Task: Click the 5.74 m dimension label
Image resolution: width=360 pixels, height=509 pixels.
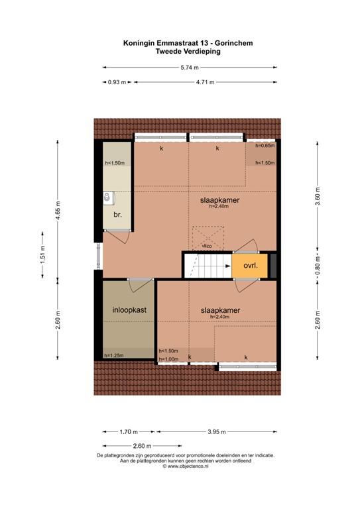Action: tap(189, 67)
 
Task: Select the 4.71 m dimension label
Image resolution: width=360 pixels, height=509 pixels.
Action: tap(206, 83)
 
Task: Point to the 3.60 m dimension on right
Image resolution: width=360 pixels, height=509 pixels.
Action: tap(318, 198)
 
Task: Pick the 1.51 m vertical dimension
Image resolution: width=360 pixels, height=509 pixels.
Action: tap(43, 255)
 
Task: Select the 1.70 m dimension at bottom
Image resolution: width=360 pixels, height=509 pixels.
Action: tap(129, 432)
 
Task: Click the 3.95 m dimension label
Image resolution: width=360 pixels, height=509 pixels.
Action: tap(217, 432)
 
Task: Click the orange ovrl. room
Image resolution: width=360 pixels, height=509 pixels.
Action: tap(250, 266)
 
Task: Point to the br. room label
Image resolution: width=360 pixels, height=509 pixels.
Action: tap(117, 215)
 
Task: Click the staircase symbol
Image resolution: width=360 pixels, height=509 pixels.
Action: tap(207, 266)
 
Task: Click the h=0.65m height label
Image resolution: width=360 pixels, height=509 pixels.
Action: tap(265, 146)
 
